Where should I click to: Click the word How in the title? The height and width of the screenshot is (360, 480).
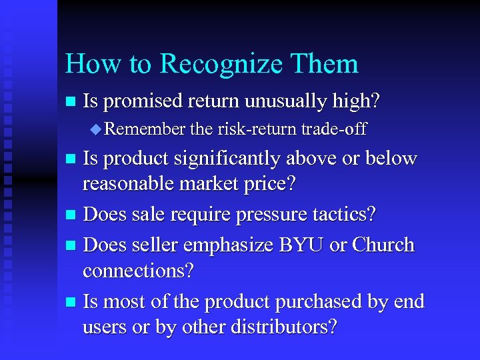click(90, 64)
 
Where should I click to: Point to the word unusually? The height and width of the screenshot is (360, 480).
click(288, 101)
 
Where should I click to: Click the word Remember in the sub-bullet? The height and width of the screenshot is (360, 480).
click(145, 129)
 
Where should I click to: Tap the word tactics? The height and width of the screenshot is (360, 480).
click(349, 215)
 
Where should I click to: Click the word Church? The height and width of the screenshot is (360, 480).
click(382, 245)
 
